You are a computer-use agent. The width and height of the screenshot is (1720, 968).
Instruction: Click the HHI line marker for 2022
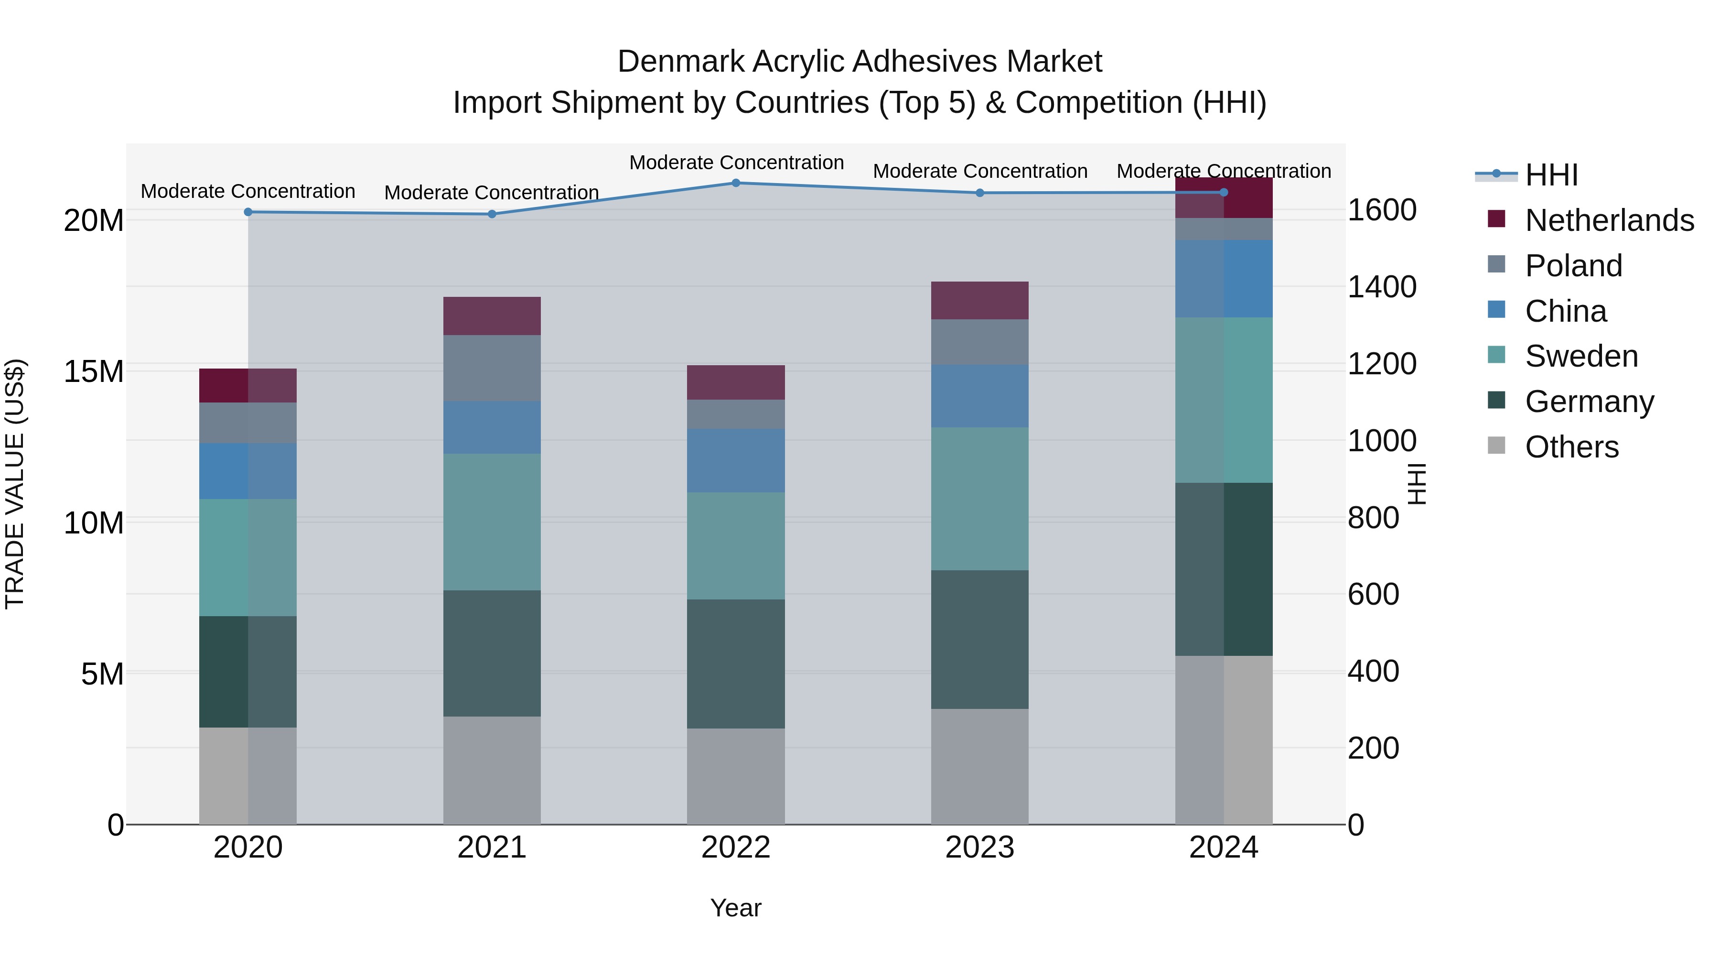pos(736,183)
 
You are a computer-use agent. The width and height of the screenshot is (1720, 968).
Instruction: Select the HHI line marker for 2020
pos(247,212)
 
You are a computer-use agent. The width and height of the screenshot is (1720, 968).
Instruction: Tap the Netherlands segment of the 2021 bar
pos(492,316)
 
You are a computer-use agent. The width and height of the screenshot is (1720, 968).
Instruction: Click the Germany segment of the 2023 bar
pos(979,639)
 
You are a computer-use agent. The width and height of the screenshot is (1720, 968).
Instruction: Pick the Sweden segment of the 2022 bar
pos(736,546)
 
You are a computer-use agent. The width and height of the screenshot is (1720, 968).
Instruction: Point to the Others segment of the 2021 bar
pos(492,770)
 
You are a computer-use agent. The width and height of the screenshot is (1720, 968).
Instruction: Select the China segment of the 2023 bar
pos(979,396)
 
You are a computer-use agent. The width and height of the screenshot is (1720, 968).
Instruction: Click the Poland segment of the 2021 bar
pos(492,368)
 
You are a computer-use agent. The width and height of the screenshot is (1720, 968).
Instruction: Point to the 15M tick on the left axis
pos(94,371)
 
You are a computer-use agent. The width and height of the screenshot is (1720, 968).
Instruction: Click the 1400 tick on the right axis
pos(1381,287)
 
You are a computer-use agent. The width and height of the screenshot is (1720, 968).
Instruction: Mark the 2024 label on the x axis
pos(1223,848)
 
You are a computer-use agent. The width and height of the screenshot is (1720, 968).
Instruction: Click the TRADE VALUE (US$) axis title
pos(15,484)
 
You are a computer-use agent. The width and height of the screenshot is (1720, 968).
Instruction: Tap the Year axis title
pos(736,908)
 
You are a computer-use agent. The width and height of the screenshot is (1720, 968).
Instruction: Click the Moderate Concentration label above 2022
pos(736,163)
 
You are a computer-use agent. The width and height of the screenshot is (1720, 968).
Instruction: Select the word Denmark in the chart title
pos(680,62)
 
